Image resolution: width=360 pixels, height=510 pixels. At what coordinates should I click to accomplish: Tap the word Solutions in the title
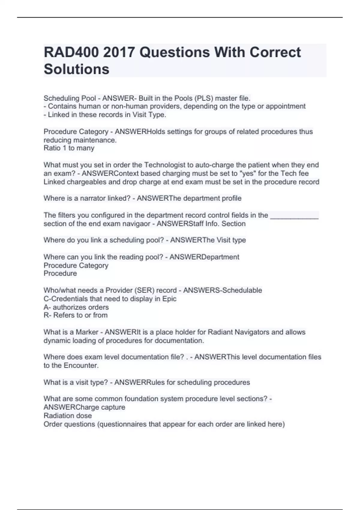tap(76, 69)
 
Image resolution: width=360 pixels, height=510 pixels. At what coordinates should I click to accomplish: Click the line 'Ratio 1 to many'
tap(69, 148)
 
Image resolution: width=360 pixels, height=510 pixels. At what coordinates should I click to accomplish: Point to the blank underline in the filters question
tap(294, 215)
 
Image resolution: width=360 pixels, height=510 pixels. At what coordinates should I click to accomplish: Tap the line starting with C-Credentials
tap(110, 299)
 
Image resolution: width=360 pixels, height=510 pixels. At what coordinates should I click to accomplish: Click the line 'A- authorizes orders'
tap(76, 307)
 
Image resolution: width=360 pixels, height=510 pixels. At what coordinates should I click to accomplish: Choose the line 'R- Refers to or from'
tap(76, 315)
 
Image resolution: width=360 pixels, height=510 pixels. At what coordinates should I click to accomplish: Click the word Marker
tap(87, 332)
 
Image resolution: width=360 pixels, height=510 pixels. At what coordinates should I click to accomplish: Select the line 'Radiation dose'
tap(68, 416)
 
